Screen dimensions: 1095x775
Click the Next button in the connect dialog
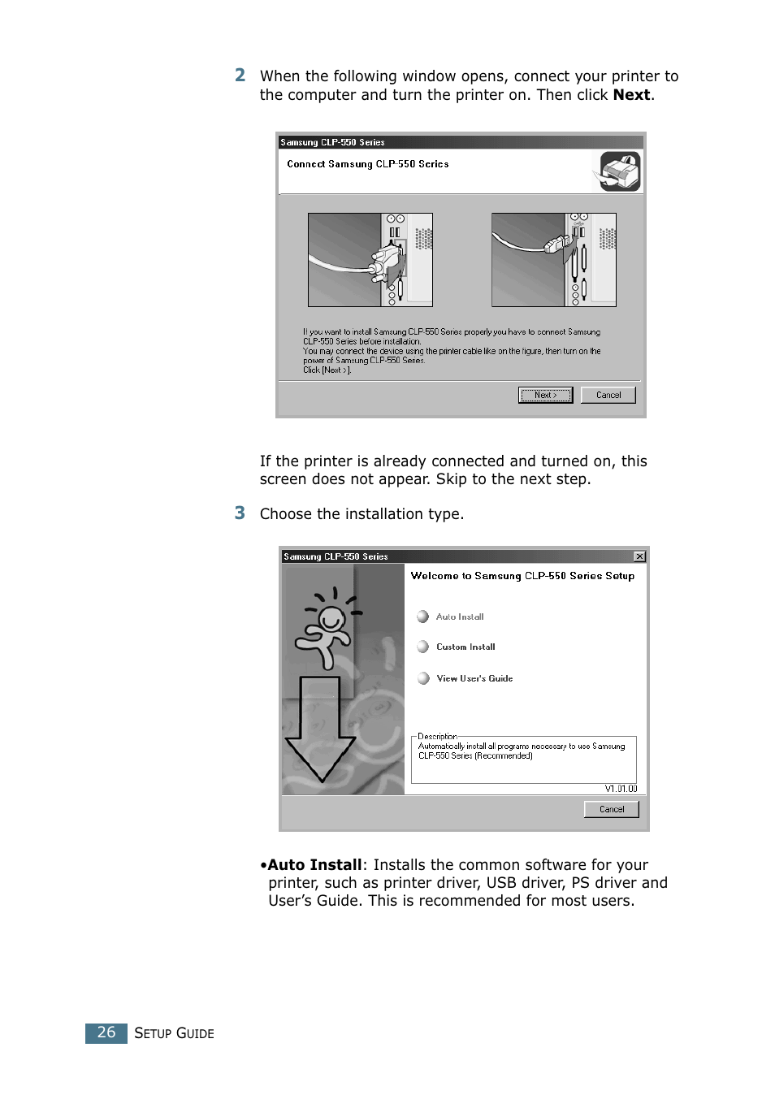(x=545, y=395)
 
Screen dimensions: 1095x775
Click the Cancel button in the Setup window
(x=611, y=809)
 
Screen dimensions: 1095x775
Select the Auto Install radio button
(x=423, y=617)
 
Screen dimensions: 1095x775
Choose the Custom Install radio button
(x=423, y=647)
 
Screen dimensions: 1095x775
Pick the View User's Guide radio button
(x=423, y=678)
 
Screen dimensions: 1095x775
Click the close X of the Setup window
(x=639, y=556)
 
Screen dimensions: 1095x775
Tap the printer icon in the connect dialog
(x=621, y=171)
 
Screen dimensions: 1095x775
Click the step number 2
(x=240, y=76)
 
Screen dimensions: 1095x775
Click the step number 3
(x=240, y=513)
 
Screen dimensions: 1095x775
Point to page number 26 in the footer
(x=106, y=1032)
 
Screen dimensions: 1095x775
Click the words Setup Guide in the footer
(x=174, y=1033)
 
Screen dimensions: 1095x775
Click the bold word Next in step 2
(x=631, y=95)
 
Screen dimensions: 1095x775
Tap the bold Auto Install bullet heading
(x=314, y=865)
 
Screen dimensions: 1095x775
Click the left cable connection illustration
(x=370, y=260)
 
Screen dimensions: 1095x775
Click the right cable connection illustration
(x=553, y=260)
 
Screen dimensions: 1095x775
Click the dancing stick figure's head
(x=331, y=619)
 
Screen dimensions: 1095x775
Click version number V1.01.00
(x=621, y=789)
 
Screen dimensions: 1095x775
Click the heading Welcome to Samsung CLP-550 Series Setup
(x=522, y=576)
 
